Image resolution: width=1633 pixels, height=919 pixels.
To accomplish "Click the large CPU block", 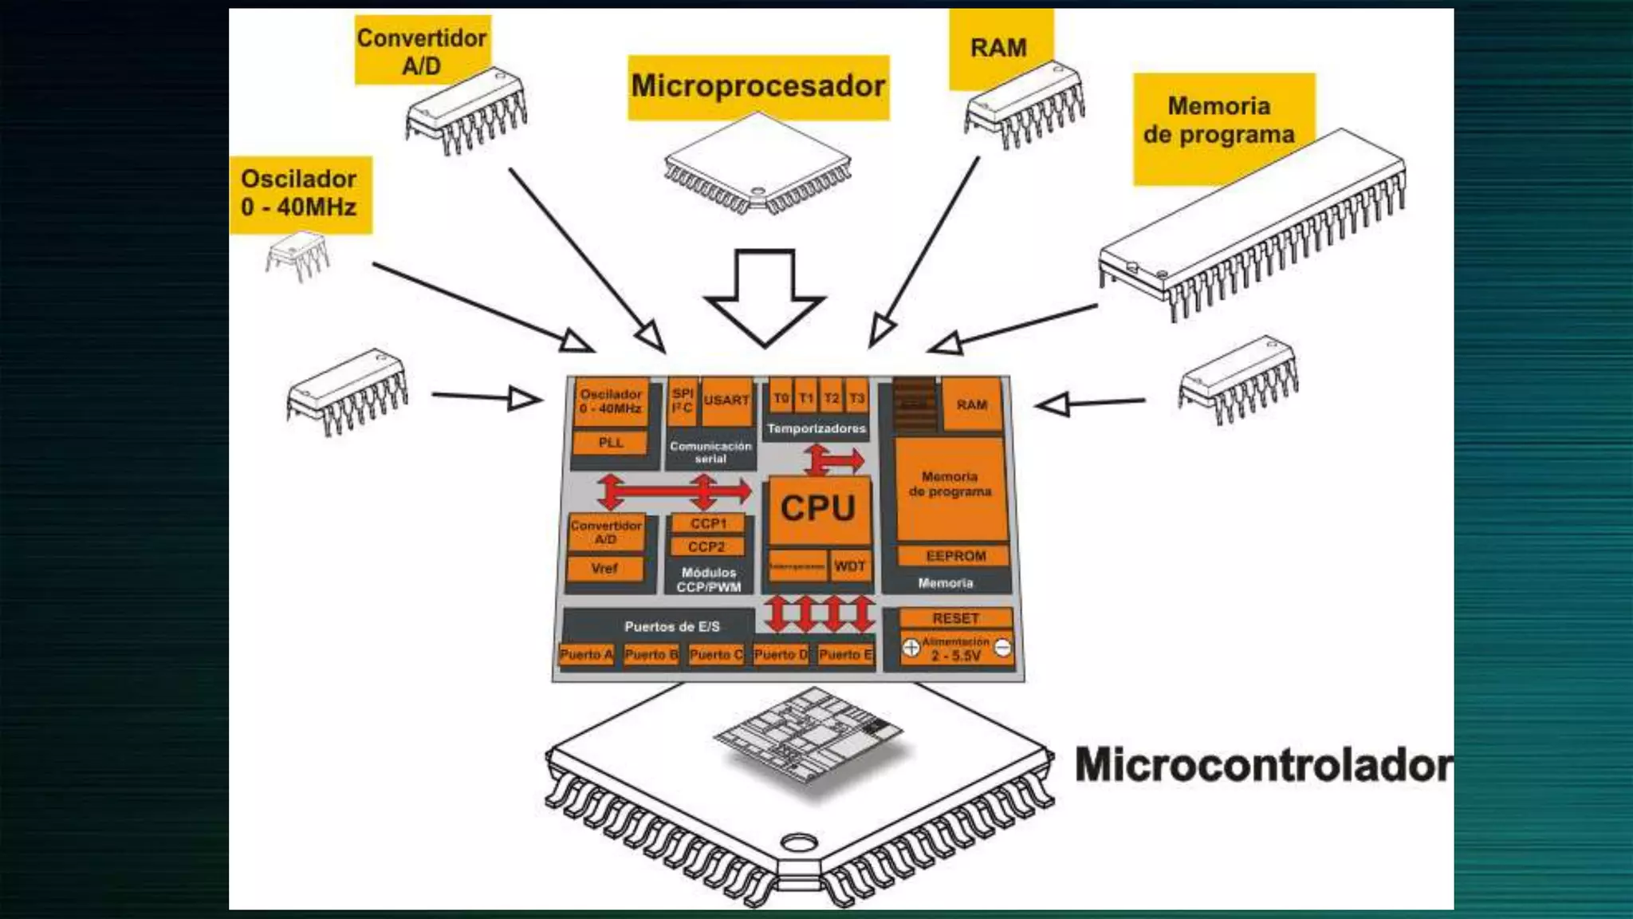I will tap(818, 509).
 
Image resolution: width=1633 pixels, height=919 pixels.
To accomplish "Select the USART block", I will tap(726, 400).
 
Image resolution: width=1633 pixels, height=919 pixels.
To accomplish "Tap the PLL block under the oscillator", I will tap(611, 443).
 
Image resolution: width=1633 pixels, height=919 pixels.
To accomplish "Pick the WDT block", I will tap(850, 566).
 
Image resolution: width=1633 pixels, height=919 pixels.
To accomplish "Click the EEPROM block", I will tap(955, 556).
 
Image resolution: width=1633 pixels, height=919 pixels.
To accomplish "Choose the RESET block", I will tap(955, 618).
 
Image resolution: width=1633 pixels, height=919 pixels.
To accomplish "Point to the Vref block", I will tap(604, 569).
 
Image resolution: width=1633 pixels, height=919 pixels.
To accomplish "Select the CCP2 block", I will tap(706, 547).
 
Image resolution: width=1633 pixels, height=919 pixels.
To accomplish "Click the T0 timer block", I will tap(781, 397).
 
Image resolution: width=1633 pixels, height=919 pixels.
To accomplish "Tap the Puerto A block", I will tap(586, 655).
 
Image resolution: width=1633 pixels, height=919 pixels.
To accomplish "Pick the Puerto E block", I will tap(845, 655).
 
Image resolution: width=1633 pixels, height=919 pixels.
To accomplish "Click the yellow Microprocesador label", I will tap(758, 86).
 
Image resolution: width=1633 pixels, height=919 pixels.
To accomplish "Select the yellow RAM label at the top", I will tap(999, 48).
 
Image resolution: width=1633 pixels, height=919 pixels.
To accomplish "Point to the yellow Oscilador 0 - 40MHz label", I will tap(299, 193).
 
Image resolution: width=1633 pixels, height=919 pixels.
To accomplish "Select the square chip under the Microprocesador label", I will tap(757, 164).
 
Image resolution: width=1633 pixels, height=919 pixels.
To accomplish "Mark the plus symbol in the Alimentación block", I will tap(911, 648).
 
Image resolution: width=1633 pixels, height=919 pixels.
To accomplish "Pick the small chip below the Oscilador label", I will tap(297, 255).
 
